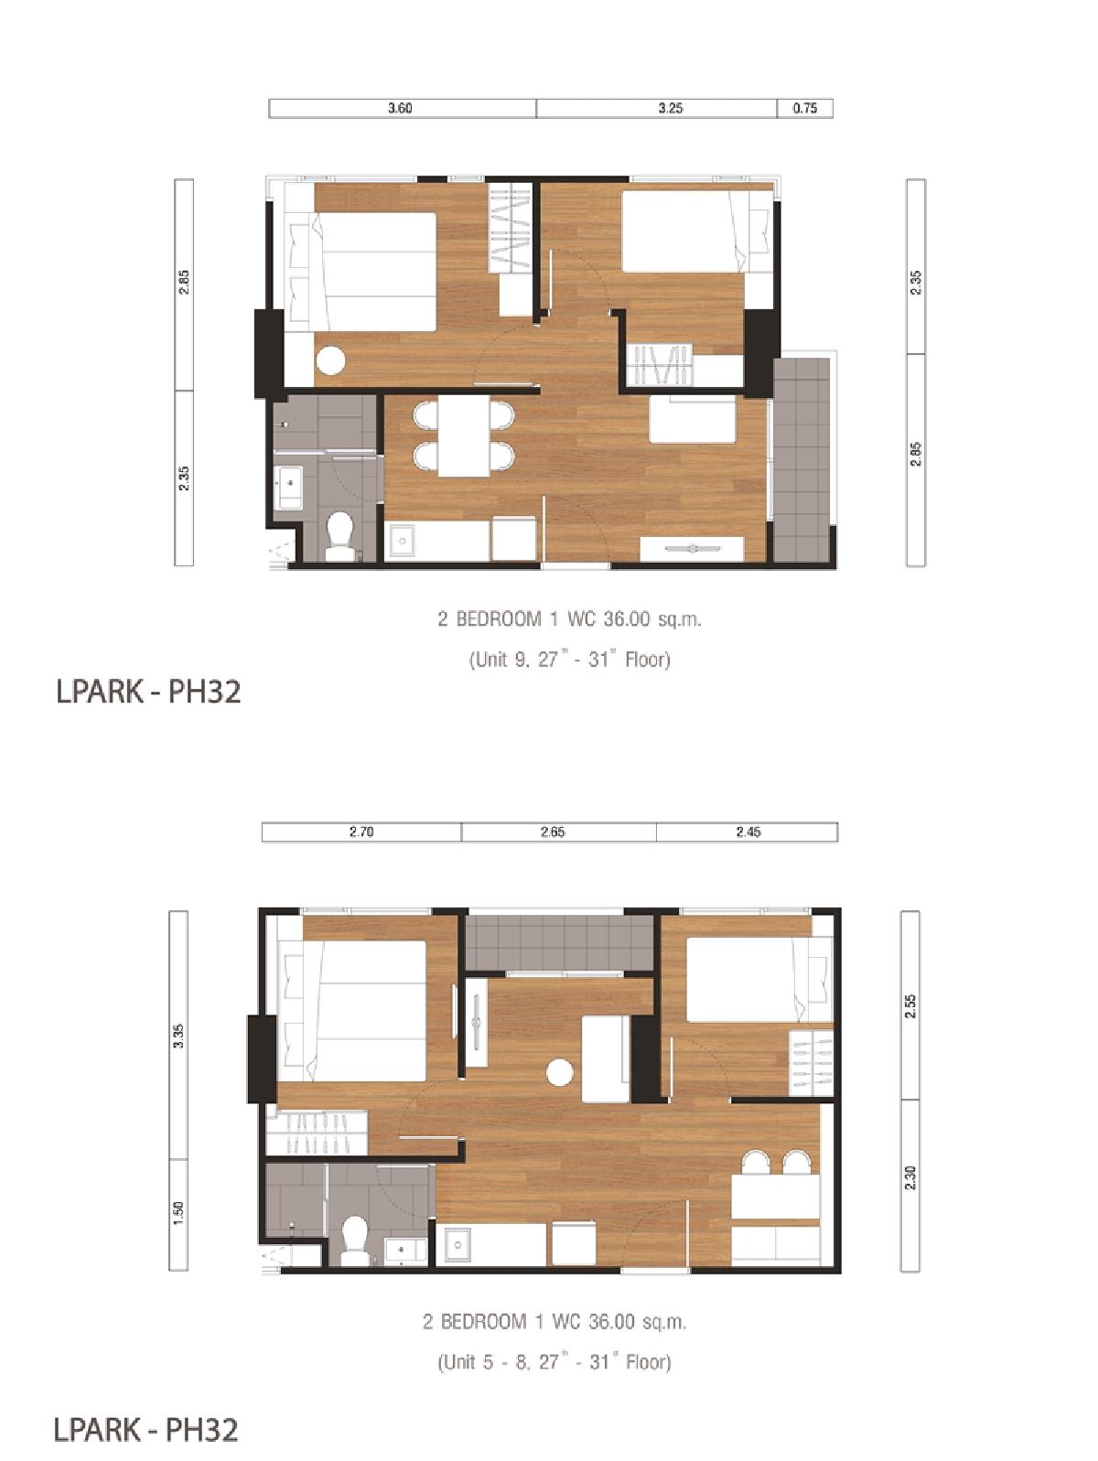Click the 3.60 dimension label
(400, 108)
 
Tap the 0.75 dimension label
(804, 108)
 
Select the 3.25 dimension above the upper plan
(670, 108)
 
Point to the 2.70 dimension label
(361, 832)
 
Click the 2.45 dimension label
(748, 832)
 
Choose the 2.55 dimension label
(910, 1005)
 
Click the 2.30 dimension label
(910, 1177)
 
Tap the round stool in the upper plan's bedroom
(330, 361)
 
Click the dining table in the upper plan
(464, 436)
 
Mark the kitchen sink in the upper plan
(402, 542)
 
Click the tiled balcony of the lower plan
(559, 942)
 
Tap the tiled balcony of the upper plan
(802, 458)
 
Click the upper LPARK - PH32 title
(147, 692)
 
